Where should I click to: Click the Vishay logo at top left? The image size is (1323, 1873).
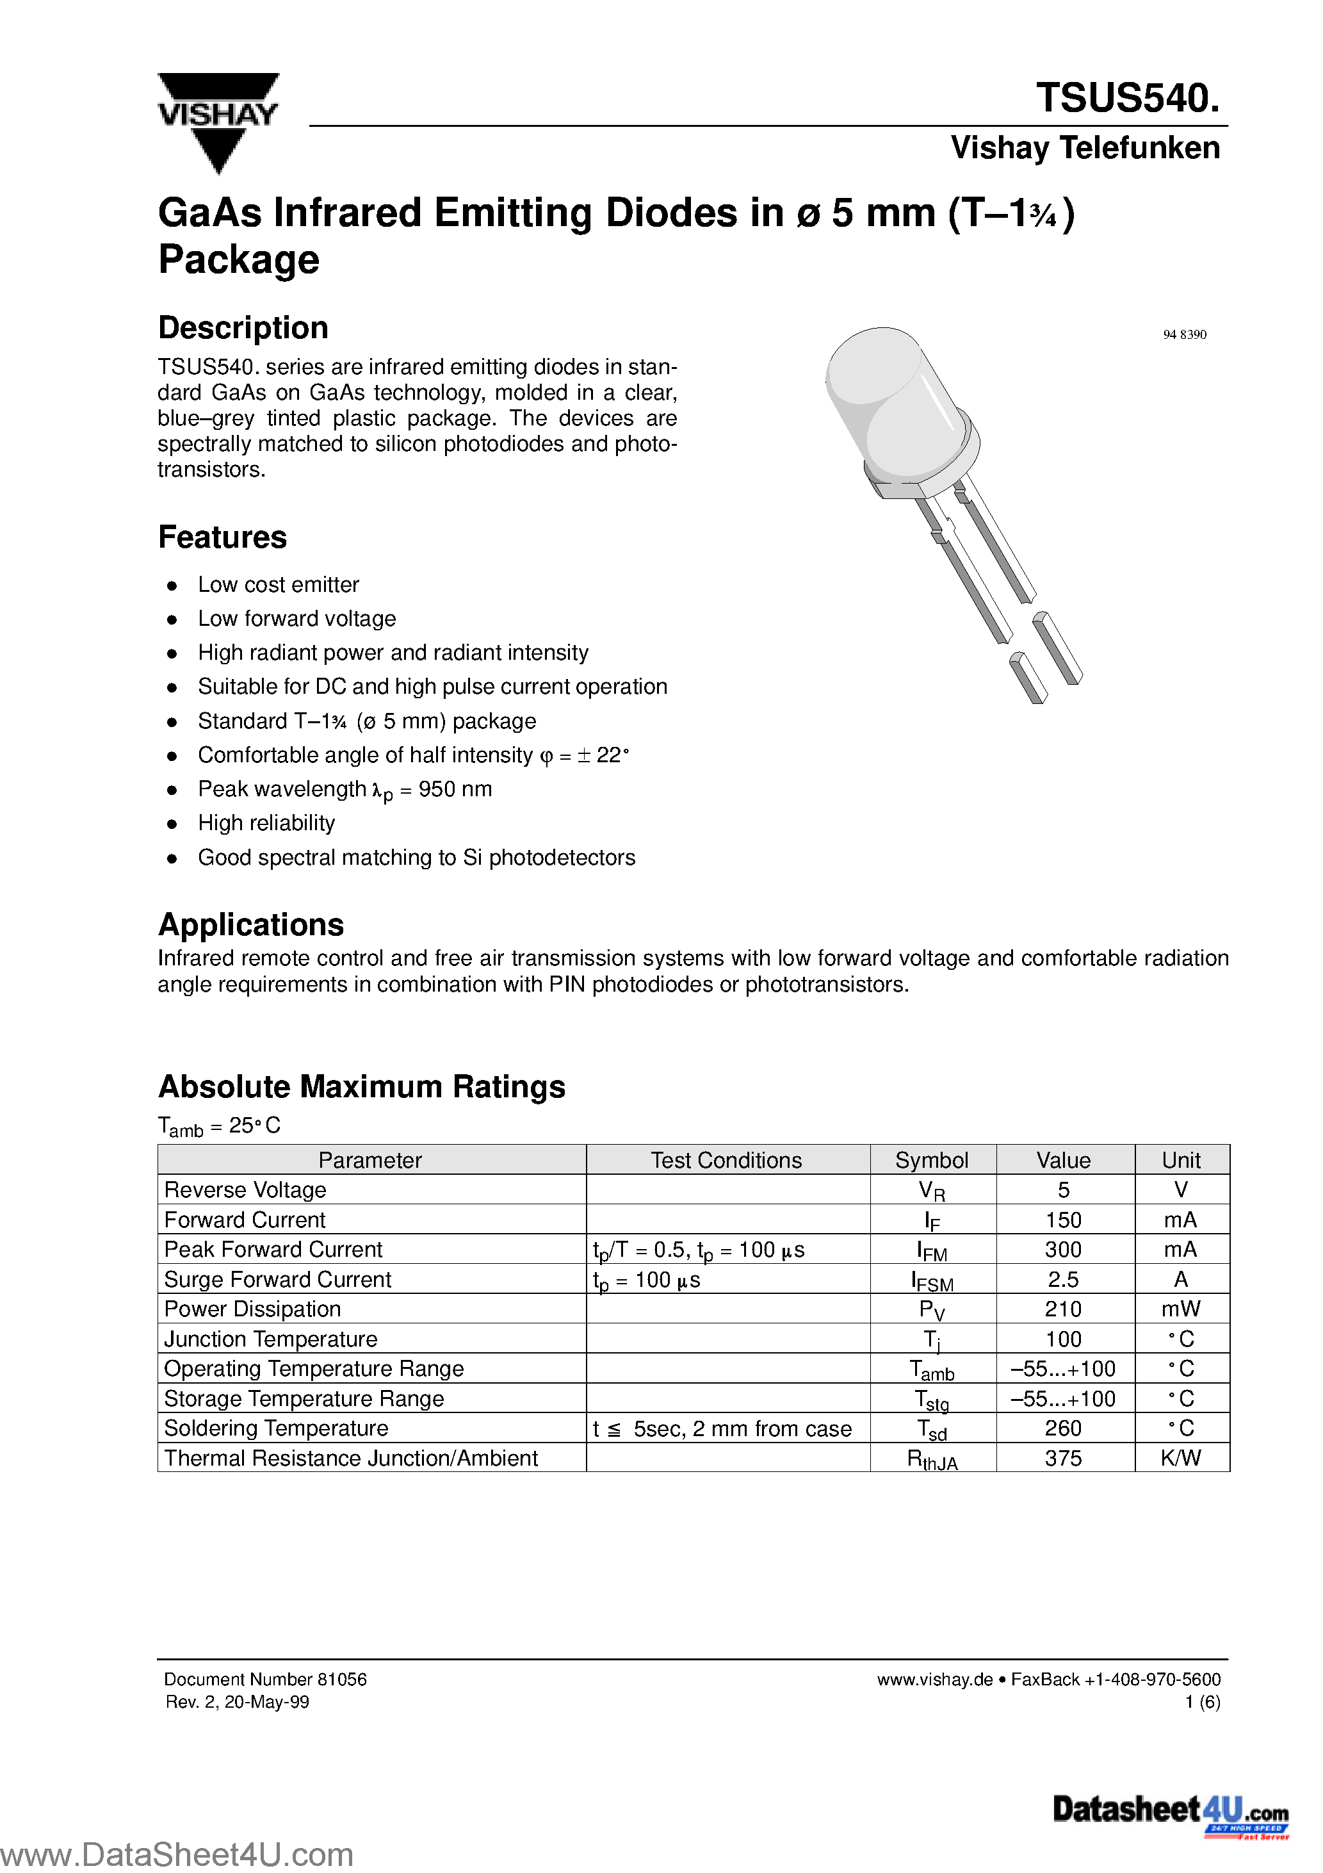[x=218, y=120]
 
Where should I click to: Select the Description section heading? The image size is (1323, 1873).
[x=243, y=328]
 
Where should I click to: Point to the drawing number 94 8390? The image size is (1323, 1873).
[x=1184, y=334]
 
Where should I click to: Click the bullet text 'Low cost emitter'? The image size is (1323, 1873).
[x=278, y=585]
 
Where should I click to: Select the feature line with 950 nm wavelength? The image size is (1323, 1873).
[x=345, y=790]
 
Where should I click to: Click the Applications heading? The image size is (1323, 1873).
[x=250, y=925]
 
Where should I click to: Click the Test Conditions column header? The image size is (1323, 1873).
[x=726, y=1160]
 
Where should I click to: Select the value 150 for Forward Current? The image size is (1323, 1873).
[x=1063, y=1220]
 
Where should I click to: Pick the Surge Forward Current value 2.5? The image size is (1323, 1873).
[x=1063, y=1280]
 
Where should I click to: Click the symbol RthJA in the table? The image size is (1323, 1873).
[x=932, y=1459]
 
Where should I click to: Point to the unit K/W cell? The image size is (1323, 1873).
[x=1180, y=1459]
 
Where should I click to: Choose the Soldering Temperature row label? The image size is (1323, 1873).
[x=276, y=1428]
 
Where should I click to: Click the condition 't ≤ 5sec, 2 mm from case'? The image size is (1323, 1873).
[x=722, y=1429]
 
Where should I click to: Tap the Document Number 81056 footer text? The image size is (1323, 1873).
[x=265, y=1679]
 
